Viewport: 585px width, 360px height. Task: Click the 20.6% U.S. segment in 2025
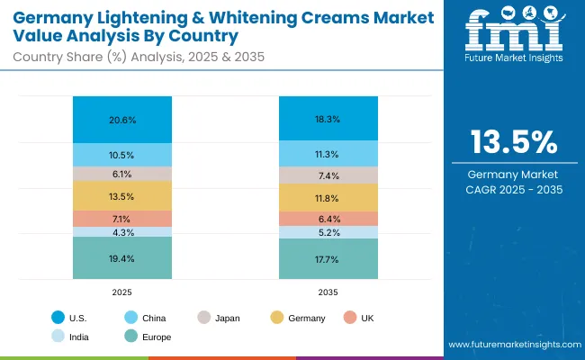point(122,120)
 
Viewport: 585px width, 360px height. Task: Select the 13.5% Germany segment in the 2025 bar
point(122,196)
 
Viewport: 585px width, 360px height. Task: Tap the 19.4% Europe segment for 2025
point(122,258)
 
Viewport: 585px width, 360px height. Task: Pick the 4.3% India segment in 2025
point(122,232)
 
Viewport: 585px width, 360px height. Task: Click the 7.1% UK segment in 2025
point(122,219)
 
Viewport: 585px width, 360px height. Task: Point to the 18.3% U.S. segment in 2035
point(328,118)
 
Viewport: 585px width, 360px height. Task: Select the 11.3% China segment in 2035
point(328,153)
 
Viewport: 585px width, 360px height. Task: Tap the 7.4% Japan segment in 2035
point(328,175)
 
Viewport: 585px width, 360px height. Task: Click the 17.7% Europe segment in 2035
point(328,259)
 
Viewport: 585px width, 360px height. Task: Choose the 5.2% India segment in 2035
point(328,232)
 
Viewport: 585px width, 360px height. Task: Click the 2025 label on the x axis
point(122,292)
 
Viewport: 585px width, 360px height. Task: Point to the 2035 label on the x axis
point(328,292)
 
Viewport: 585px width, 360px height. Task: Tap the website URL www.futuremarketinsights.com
point(511,346)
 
